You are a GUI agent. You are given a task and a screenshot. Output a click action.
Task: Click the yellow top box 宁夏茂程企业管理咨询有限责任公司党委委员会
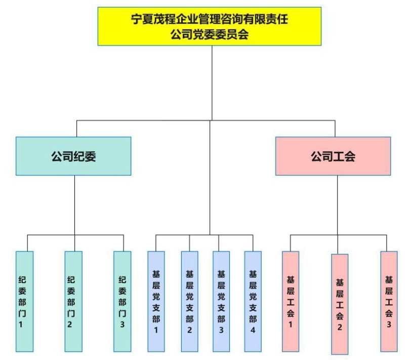pos(209,26)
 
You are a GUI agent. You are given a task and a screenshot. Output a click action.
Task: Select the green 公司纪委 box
pos(73,156)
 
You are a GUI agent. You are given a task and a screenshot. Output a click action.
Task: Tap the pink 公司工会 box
pos(333,156)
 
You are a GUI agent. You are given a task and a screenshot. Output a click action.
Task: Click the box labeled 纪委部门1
pos(24,301)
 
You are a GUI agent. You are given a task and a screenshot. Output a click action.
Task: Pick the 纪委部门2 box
pos(73,301)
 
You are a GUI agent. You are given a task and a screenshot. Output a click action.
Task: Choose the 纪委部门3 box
pos(122,301)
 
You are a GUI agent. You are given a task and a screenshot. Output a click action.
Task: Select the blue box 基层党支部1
pos(156,301)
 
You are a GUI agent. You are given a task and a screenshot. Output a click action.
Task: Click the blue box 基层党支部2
pos(189,301)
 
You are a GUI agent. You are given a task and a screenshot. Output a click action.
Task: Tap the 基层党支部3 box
pos(221,301)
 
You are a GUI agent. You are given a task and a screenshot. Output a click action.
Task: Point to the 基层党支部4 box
pos(253,301)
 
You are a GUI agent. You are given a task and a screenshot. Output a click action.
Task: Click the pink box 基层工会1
pos(291,301)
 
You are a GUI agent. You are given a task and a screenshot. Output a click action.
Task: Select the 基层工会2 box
pos(340,303)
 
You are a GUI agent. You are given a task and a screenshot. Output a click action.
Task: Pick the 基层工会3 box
pos(389,301)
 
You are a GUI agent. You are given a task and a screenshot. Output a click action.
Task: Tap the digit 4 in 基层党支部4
pos(253,330)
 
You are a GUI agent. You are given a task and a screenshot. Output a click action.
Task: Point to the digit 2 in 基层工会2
pos(340,328)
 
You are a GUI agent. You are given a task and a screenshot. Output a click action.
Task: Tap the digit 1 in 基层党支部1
pos(156,330)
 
